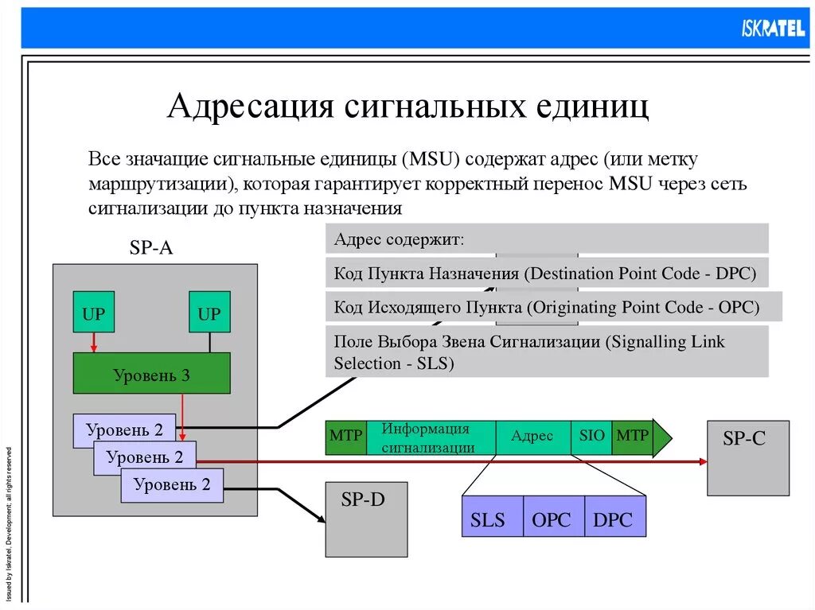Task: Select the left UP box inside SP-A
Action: (93, 313)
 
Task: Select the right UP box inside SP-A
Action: (209, 313)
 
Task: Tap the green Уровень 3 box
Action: (151, 374)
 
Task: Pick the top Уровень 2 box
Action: (123, 430)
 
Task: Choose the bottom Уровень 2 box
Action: (172, 484)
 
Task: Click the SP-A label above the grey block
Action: (150, 248)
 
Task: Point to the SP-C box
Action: (748, 457)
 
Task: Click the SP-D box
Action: (366, 519)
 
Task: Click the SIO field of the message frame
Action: (591, 437)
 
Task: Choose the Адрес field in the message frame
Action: (532, 437)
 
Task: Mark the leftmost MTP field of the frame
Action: (345, 437)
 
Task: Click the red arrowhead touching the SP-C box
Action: (702, 461)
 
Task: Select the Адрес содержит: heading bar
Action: (547, 239)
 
